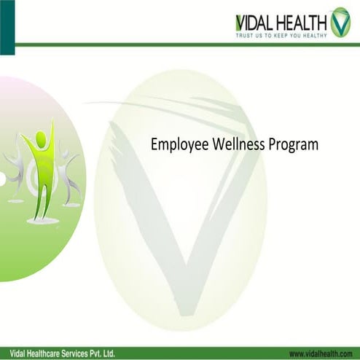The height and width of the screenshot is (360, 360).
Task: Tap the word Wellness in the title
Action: (x=235, y=144)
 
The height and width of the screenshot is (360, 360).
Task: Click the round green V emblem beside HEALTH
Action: (x=340, y=23)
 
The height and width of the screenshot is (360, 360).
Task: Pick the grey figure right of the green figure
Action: (x=69, y=175)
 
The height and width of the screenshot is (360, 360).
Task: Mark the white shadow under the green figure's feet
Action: (x=42, y=219)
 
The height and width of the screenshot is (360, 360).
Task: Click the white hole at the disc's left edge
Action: (x=2, y=179)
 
